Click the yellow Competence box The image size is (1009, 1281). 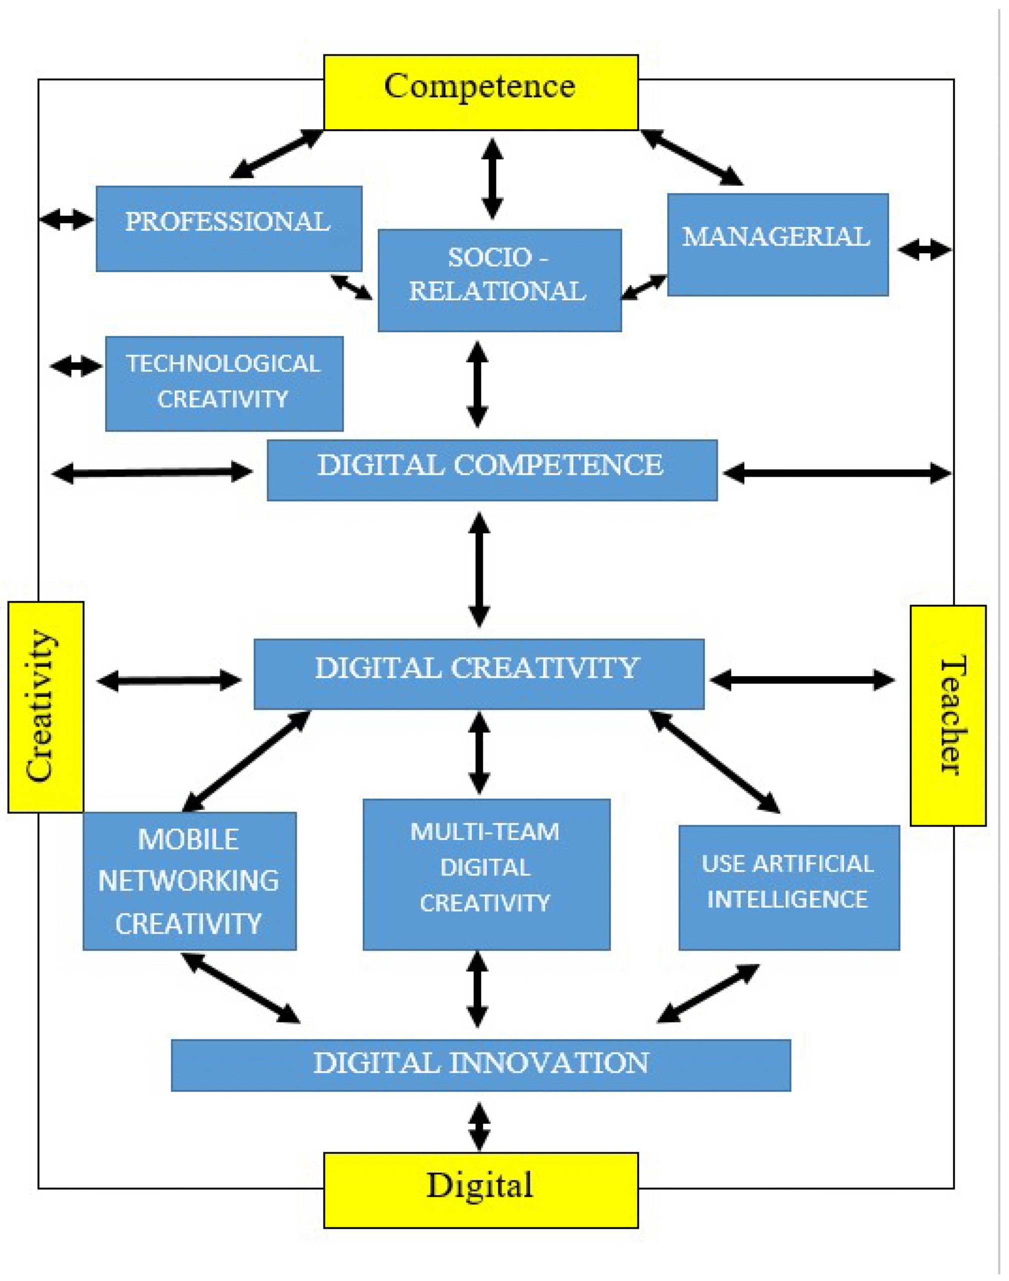pos(480,92)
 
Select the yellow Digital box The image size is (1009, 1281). pos(480,1189)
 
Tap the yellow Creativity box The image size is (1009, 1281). pos(46,707)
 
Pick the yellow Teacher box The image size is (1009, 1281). pos(947,715)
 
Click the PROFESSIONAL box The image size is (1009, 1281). pos(229,229)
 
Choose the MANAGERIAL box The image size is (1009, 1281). pos(777,244)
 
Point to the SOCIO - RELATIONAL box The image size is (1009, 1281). pos(499,280)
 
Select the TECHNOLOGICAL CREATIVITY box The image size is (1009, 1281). pos(224,383)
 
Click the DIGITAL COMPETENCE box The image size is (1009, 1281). pos(491,470)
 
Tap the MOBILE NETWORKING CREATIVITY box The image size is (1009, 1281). pos(189,881)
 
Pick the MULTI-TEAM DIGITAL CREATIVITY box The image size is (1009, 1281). pos(485,874)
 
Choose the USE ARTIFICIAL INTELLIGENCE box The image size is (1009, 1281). pos(789,887)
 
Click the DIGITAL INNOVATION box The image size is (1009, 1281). pos(480,1065)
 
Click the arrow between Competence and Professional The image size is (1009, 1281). pos(276,154)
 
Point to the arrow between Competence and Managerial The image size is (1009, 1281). pos(692,158)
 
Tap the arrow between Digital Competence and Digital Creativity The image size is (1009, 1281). pos(478,569)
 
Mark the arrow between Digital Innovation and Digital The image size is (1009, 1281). pos(478,1126)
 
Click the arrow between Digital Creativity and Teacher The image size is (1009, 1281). pos(802,680)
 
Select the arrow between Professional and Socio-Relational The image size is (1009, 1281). pos(351,287)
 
